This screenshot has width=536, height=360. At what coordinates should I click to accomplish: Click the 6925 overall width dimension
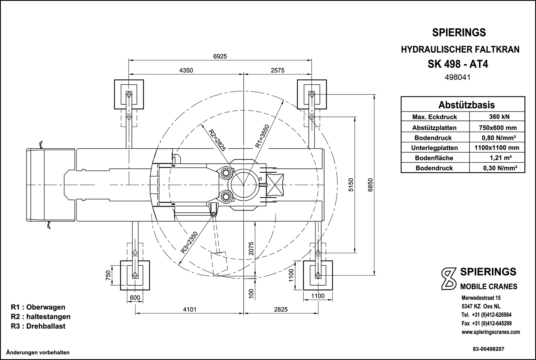click(x=220, y=56)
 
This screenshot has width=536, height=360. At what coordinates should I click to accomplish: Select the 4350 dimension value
click(x=186, y=70)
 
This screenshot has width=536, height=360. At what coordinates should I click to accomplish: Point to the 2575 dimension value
click(x=278, y=70)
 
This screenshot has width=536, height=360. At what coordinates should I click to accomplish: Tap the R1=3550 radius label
click(x=263, y=137)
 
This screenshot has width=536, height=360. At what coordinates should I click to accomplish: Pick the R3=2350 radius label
click(x=189, y=242)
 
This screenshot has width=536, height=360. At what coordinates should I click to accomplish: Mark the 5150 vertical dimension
click(x=351, y=185)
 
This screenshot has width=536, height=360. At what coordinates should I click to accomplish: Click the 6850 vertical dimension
click(x=370, y=185)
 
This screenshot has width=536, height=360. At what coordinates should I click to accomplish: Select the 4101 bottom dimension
click(x=189, y=310)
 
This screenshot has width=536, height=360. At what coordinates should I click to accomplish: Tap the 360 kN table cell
click(x=499, y=117)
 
